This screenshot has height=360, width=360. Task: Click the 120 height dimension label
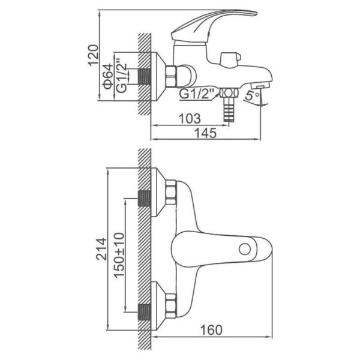[x=94, y=56]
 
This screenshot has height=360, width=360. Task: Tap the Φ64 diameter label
[x=108, y=76]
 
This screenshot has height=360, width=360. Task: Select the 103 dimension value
[x=190, y=119]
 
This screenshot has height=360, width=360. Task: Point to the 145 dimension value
[x=205, y=133]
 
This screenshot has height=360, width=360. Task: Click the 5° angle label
[x=252, y=95]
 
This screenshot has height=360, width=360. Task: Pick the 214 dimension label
[x=101, y=249]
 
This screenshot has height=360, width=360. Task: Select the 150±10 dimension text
[x=119, y=256]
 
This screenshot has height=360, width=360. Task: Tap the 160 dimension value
[x=211, y=331]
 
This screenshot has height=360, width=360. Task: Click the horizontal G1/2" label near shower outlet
[x=196, y=94]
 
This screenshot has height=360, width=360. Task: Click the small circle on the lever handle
[x=245, y=250]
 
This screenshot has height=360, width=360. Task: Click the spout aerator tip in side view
[x=260, y=86]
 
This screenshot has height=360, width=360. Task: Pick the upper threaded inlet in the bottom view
[x=145, y=199]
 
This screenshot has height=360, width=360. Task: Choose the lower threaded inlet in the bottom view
[x=145, y=312]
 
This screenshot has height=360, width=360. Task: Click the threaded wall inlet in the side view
[x=145, y=76]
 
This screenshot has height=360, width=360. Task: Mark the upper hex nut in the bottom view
[x=170, y=192]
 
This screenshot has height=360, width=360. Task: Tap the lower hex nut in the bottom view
[x=170, y=306]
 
